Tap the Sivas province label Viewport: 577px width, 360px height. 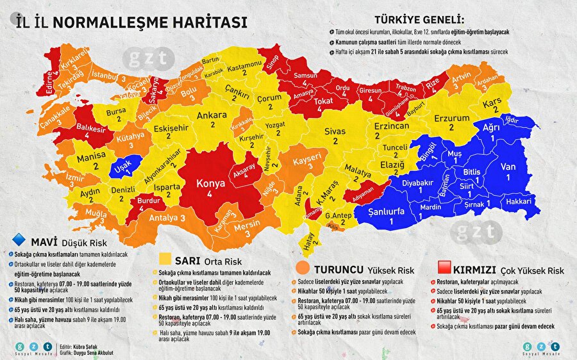(334, 131)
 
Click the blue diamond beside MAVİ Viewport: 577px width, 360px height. (19, 241)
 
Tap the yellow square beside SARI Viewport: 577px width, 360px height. (165, 259)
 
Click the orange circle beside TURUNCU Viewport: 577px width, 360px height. (303, 268)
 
